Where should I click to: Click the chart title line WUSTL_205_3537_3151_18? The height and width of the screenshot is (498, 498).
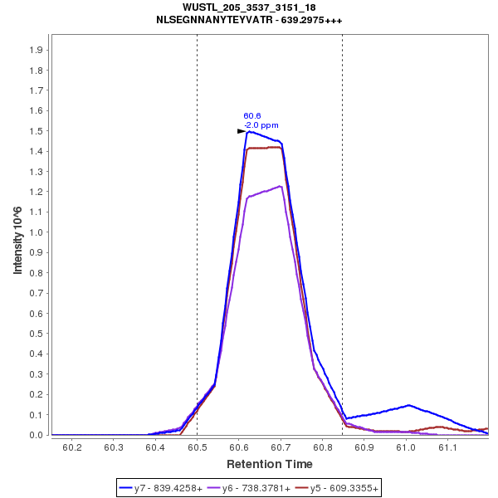(249, 7)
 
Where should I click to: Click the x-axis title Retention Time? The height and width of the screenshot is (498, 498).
(270, 463)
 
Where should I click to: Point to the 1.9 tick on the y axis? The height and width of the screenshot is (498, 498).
(36, 50)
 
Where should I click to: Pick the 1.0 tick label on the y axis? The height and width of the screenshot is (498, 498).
(36, 232)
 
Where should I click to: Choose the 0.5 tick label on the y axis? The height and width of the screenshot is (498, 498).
(36, 334)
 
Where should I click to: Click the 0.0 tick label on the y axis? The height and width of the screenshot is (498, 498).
(36, 435)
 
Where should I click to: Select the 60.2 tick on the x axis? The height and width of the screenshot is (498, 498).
(72, 448)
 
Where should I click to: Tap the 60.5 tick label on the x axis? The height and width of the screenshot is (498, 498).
(197, 448)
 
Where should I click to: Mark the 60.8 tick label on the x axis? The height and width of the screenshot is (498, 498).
(322, 448)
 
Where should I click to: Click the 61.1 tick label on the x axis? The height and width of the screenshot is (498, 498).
(447, 448)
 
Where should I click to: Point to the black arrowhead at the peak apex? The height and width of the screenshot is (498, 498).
(242, 131)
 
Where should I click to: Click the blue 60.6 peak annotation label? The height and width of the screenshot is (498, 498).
(252, 116)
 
